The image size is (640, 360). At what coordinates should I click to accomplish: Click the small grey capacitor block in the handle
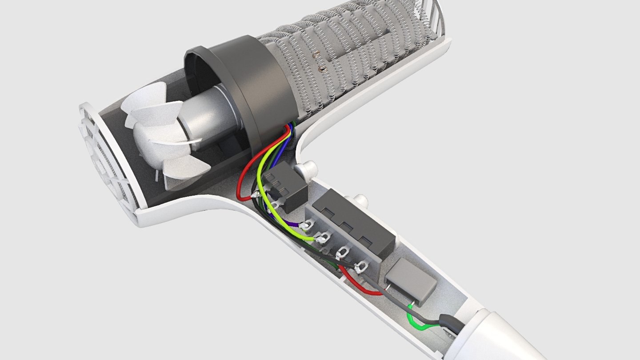point(410,280)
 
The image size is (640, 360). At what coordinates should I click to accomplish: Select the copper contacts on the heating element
point(320,62)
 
